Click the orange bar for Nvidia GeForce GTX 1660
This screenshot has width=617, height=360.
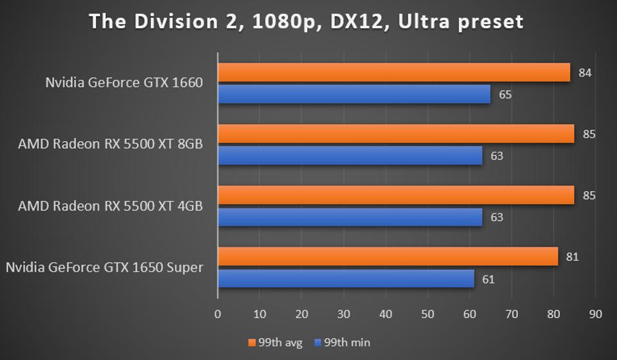click(x=394, y=73)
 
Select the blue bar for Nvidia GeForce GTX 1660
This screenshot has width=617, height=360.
click(x=354, y=95)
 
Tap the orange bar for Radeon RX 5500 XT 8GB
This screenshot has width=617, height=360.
click(x=395, y=134)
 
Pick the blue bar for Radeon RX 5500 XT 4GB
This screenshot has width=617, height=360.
click(x=350, y=217)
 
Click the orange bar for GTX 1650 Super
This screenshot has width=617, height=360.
click(x=388, y=256)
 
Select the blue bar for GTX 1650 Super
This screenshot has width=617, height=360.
click(x=346, y=279)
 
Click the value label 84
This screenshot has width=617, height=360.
click(x=585, y=73)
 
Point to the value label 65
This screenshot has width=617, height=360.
click(x=505, y=95)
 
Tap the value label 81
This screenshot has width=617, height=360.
click(x=572, y=257)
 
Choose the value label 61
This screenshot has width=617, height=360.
click(x=488, y=279)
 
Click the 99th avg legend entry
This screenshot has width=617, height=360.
click(x=275, y=343)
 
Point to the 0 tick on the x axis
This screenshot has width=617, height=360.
click(x=218, y=314)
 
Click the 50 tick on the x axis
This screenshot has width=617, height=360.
click(x=428, y=314)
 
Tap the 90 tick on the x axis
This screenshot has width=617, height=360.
click(x=595, y=314)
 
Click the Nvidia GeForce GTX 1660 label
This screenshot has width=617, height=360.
click(x=124, y=82)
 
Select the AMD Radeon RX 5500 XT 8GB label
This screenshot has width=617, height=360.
click(x=110, y=144)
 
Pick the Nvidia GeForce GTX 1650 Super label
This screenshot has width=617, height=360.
click(x=104, y=267)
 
